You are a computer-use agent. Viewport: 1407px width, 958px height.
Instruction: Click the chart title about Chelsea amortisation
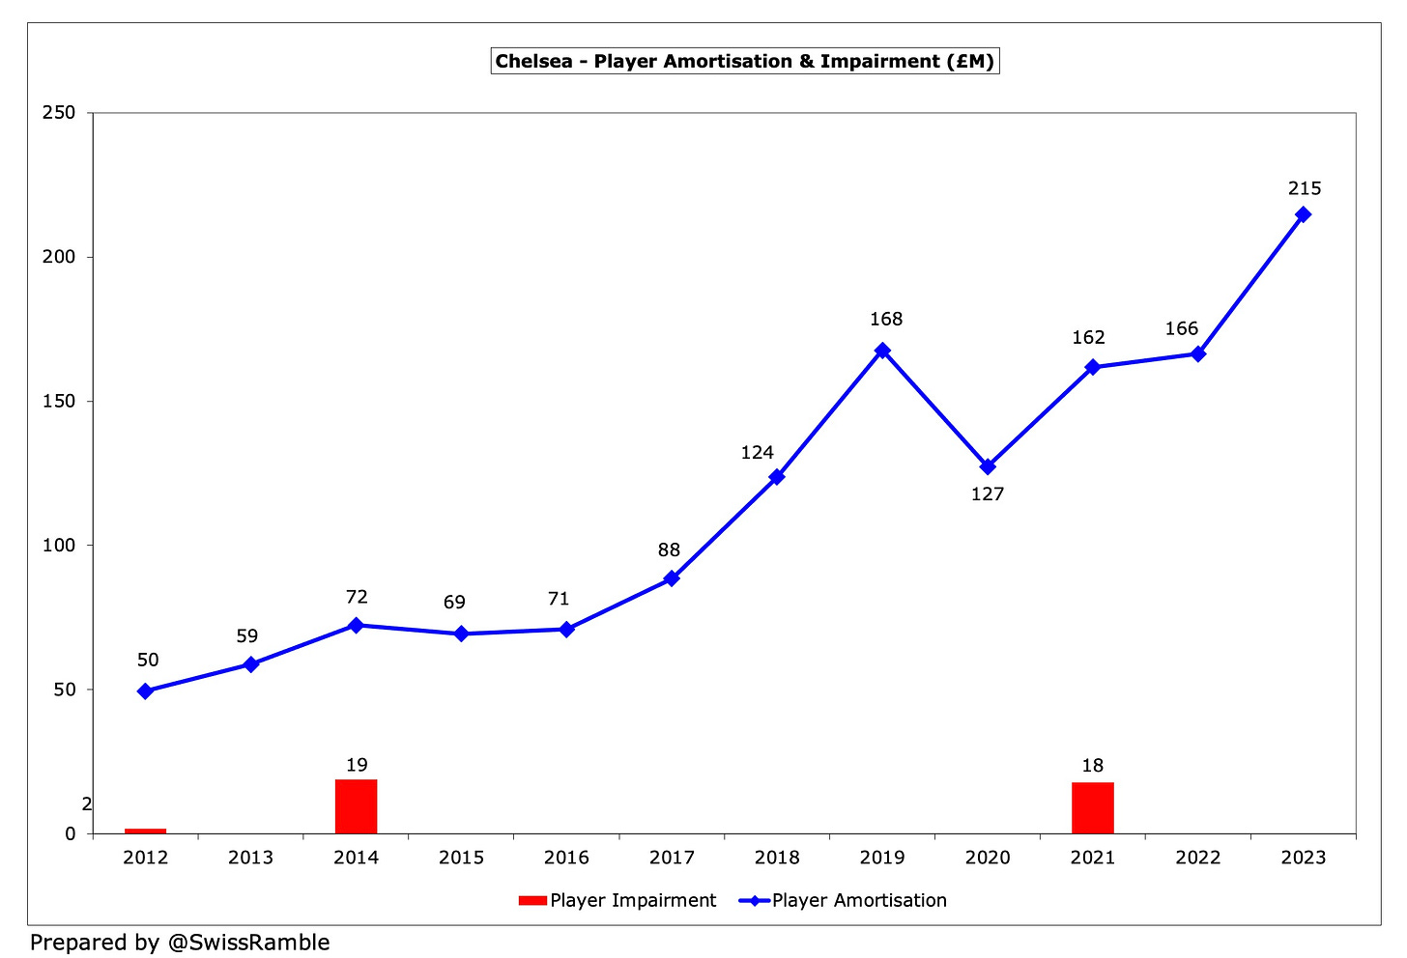tap(744, 61)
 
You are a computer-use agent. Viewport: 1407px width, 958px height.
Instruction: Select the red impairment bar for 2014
tap(356, 806)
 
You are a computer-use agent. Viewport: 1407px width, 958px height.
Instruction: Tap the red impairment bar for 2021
tap(1092, 808)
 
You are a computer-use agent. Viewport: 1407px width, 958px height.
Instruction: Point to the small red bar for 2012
tap(145, 831)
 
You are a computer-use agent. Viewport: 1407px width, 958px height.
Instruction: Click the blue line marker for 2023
tap(1303, 214)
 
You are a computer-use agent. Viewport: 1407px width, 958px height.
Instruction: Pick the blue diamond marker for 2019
tap(882, 351)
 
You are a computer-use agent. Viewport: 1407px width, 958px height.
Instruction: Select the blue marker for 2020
tap(988, 466)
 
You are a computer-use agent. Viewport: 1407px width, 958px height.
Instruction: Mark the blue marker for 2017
tap(672, 578)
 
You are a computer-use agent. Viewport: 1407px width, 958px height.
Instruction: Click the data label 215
tap(1304, 188)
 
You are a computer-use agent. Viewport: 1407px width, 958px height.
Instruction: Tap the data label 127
tap(988, 493)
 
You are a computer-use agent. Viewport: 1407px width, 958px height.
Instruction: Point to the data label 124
tap(758, 452)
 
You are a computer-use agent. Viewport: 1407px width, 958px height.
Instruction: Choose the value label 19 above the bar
tap(357, 765)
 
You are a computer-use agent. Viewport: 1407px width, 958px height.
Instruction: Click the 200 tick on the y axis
tap(58, 257)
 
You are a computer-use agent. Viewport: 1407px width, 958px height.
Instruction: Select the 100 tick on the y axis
tap(58, 545)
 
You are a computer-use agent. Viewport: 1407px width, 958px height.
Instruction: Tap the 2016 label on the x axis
tap(566, 858)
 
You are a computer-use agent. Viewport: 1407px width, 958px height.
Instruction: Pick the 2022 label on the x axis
tap(1197, 858)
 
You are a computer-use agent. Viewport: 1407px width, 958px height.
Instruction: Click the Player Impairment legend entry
tap(618, 900)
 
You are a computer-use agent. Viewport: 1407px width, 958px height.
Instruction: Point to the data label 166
tap(1181, 328)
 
